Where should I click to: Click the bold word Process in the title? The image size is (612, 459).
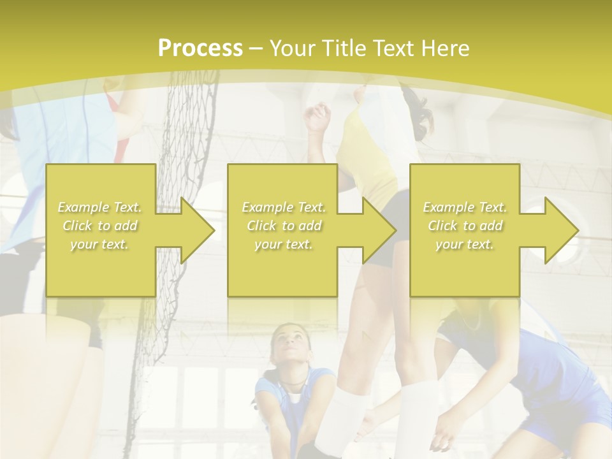click(200, 48)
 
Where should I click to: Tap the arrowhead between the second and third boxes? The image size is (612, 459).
click(378, 230)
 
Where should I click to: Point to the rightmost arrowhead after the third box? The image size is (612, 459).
click(560, 230)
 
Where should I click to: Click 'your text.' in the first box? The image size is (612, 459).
click(99, 244)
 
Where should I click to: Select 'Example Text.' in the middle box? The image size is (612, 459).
click(284, 207)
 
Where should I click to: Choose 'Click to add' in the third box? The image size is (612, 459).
click(465, 226)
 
